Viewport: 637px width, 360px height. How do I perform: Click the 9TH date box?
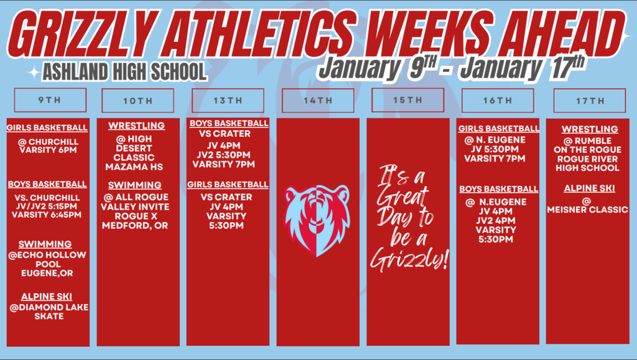pos(50,100)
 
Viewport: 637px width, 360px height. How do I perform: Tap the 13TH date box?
pos(228,101)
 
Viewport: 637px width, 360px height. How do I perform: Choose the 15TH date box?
pos(407,100)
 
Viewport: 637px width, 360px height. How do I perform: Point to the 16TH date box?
pos(498,101)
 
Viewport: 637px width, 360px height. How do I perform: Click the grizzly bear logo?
pos(317,220)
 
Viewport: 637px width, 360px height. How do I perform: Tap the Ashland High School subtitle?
pos(124,72)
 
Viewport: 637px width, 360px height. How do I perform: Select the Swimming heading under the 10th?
pos(135,185)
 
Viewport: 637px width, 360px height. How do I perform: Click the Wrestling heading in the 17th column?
pos(590,129)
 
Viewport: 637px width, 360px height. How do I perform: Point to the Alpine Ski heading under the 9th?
pos(47,297)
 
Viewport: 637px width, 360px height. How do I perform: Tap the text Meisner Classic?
pos(588,210)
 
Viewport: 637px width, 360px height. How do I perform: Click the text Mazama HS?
pos(134,167)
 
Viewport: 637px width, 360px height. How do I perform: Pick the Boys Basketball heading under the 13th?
pos(229,123)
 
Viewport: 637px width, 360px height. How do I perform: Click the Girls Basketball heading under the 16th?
pos(499,129)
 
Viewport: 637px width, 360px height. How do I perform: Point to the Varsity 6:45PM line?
pos(47,215)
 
